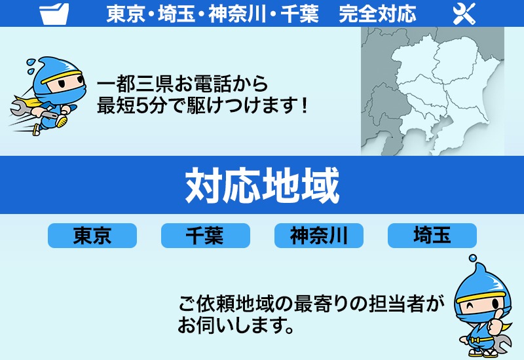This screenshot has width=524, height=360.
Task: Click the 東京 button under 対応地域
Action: pyautogui.click(x=92, y=236)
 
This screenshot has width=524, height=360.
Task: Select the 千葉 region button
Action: pyautogui.click(x=205, y=236)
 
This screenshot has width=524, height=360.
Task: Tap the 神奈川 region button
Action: pyautogui.click(x=318, y=236)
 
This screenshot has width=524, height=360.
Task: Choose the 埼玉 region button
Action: pyautogui.click(x=432, y=236)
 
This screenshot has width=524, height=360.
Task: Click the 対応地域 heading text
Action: pyautogui.click(x=262, y=185)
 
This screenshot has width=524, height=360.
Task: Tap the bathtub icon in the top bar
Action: pyautogui.click(x=54, y=14)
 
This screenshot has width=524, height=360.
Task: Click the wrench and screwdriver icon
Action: pyautogui.click(x=463, y=14)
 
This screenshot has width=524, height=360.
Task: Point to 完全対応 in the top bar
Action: pyautogui.click(x=377, y=14)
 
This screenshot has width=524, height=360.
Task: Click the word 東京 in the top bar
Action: pyautogui.click(x=125, y=14)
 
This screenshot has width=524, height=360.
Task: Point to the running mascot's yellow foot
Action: pyautogui.click(x=62, y=121)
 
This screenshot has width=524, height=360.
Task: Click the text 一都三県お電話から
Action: pyautogui.click(x=182, y=84)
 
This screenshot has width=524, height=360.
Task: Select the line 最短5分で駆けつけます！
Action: pyautogui.click(x=202, y=105)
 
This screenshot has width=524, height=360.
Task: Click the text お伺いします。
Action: pyautogui.click(x=234, y=325)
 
